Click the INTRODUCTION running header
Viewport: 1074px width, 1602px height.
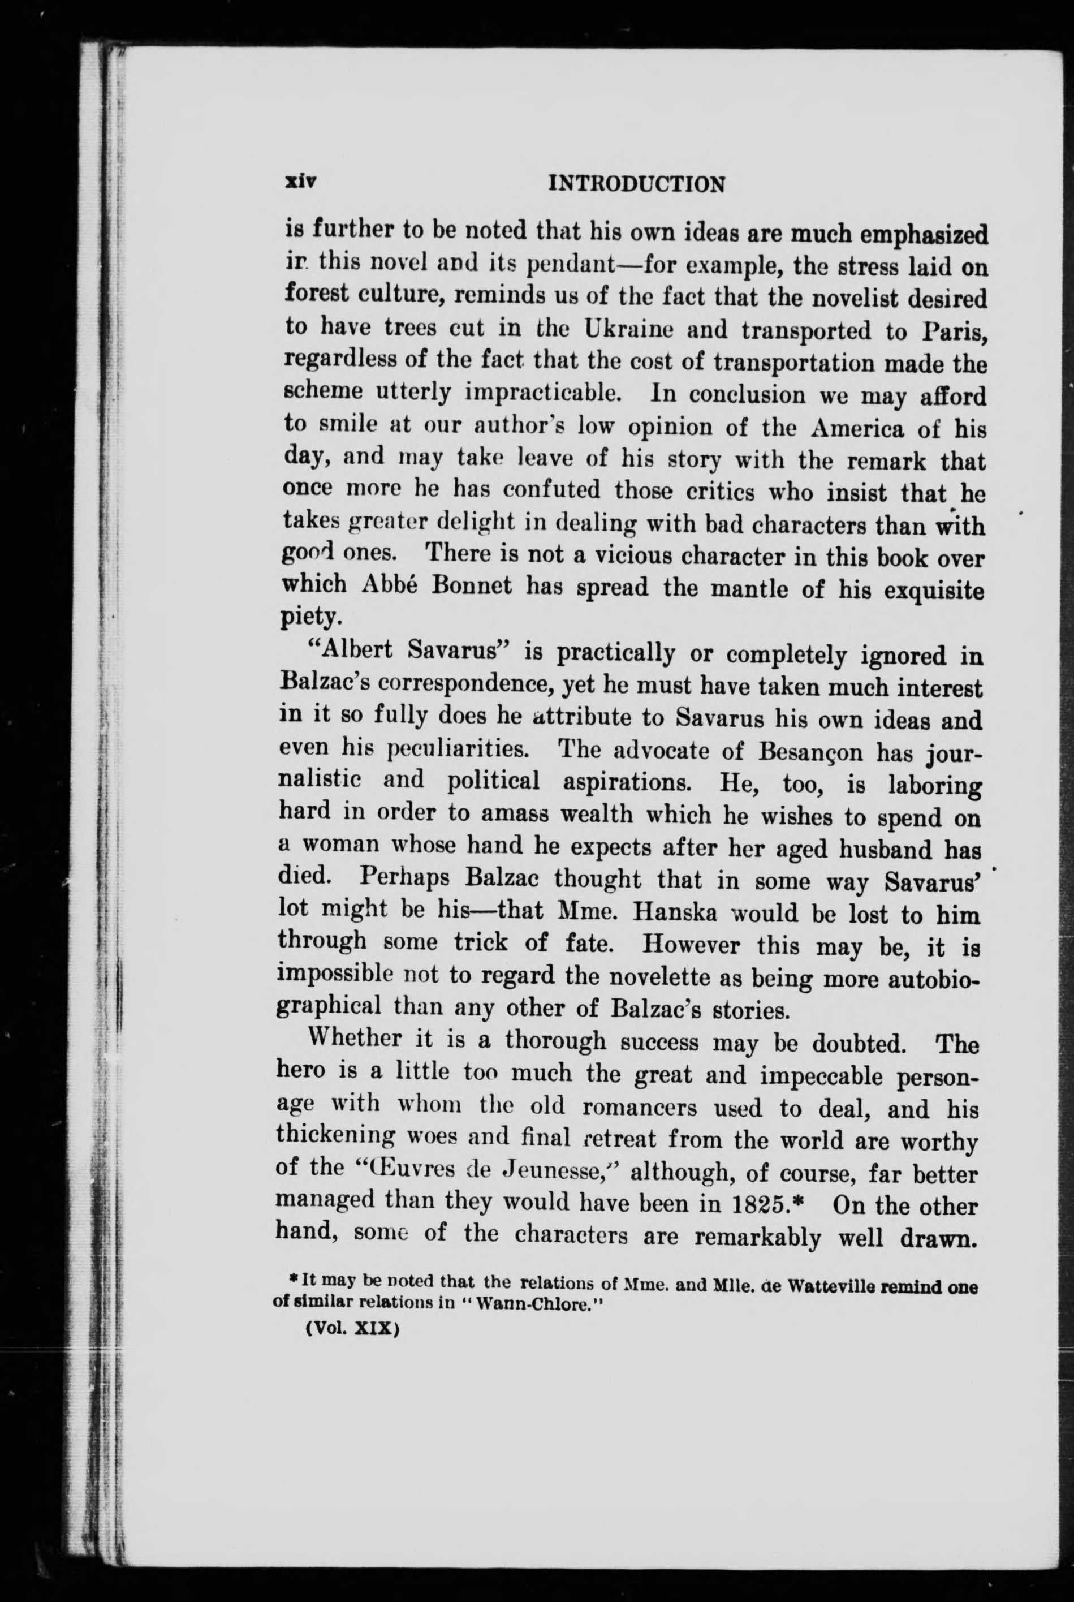click(x=637, y=184)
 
